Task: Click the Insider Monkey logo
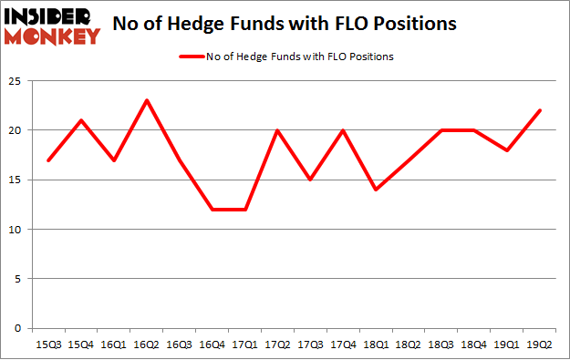click(51, 25)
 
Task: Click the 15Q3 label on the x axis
click(48, 345)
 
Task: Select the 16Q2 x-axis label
click(146, 345)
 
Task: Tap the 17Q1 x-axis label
click(244, 345)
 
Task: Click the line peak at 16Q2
click(146, 100)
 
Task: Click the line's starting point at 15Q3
click(48, 160)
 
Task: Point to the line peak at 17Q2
click(276, 130)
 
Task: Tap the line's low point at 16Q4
click(212, 210)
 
